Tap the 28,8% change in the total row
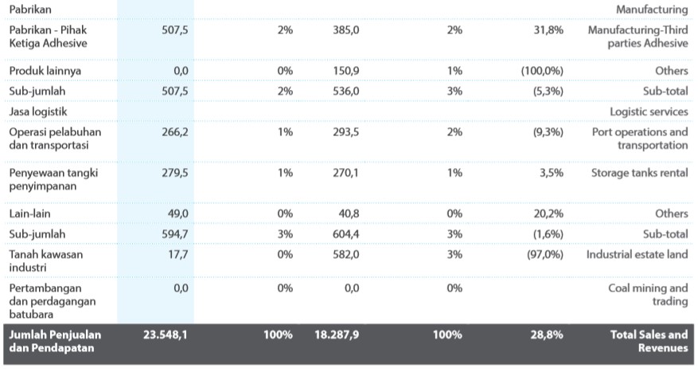[547, 335]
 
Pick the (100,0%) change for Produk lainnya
[542, 71]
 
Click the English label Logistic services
[649, 112]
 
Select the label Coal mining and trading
[648, 295]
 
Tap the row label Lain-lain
[30, 213]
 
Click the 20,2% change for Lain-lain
[548, 213]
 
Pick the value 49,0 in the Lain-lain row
[176, 213]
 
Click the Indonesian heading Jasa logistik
[38, 112]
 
